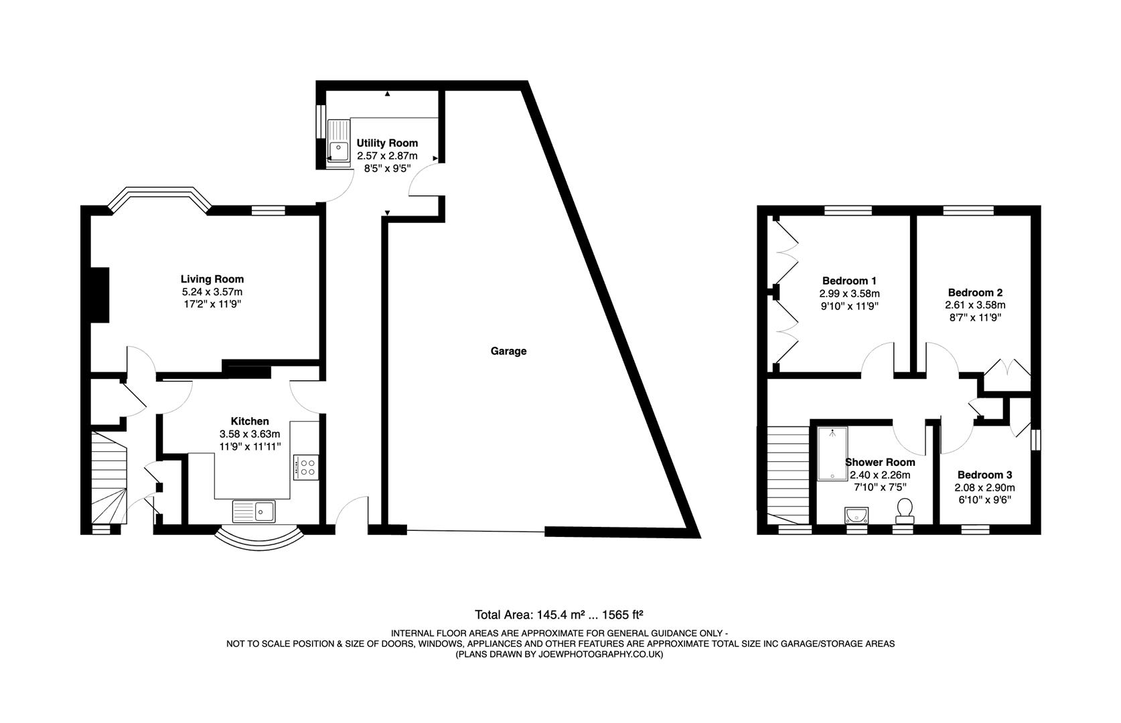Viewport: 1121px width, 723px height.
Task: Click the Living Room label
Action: point(212,279)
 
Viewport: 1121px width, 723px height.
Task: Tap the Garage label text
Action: point(508,351)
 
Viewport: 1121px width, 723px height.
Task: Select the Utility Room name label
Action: point(387,143)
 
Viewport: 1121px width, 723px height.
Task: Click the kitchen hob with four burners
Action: point(305,467)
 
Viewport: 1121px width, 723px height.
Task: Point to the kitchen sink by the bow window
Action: point(254,511)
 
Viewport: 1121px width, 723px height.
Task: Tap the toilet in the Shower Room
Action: point(905,510)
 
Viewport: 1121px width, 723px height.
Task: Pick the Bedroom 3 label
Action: point(984,475)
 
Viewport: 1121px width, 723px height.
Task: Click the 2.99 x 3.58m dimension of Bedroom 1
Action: point(849,293)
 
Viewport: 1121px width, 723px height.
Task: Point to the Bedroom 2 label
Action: point(974,293)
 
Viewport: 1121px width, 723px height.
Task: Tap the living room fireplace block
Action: point(99,295)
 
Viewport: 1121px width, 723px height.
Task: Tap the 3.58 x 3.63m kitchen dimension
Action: point(249,434)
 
